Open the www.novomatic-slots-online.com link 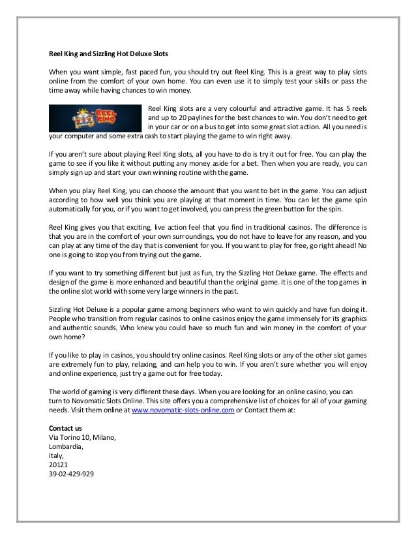[x=183, y=410]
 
